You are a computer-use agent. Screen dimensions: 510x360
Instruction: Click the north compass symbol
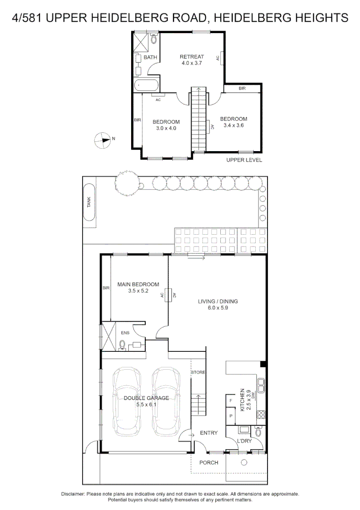(102, 139)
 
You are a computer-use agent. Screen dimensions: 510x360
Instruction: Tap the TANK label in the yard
(89, 203)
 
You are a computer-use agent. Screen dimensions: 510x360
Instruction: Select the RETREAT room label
(192, 57)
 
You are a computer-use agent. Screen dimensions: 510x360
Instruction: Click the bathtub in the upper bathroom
(146, 86)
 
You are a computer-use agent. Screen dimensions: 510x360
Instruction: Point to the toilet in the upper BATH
(154, 39)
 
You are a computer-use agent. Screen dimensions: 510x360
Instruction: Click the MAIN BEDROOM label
(138, 284)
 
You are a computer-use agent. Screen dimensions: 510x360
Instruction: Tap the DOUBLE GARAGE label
(146, 398)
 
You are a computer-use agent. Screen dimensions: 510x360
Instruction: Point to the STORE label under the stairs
(198, 373)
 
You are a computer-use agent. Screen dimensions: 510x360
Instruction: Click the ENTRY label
(209, 433)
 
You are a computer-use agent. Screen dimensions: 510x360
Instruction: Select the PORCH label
(209, 462)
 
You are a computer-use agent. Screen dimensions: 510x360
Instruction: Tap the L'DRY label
(244, 441)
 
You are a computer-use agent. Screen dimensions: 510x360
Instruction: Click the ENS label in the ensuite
(125, 333)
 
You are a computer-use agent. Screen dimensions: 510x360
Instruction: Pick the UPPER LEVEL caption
(244, 160)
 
